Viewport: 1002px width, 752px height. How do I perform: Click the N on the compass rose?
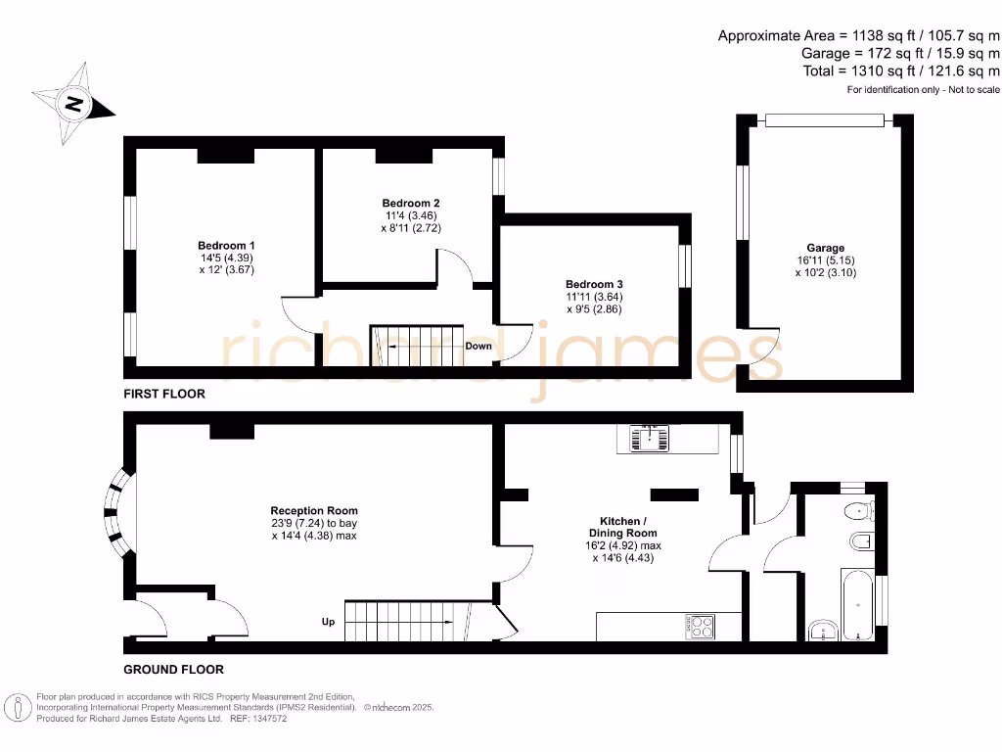coord(74,104)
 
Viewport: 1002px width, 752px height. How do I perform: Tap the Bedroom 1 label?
coord(226,246)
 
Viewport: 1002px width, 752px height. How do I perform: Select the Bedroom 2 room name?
coord(411,204)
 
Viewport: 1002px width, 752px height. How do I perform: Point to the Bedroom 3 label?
coord(594,285)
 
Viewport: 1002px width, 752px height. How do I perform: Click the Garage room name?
coord(826,248)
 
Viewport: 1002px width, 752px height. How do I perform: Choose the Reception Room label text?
coord(314,511)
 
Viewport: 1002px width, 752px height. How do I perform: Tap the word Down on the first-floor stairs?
coord(478,346)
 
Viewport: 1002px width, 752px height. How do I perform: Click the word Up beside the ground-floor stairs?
coord(329,622)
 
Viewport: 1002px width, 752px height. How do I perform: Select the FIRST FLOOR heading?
coord(164,394)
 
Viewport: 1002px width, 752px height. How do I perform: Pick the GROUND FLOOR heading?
coord(174,670)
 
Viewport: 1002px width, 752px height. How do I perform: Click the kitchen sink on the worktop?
coord(650,438)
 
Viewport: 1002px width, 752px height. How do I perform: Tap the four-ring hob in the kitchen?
coord(700,627)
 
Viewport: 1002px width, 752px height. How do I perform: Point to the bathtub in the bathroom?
coord(857,604)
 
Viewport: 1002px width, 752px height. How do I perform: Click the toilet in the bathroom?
coord(859,511)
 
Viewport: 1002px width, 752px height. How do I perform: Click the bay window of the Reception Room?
coord(117,513)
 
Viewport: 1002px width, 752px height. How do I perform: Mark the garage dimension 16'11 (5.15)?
coord(826,260)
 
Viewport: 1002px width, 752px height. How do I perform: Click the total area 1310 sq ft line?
coord(901,70)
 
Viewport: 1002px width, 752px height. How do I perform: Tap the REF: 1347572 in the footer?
coord(258,719)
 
